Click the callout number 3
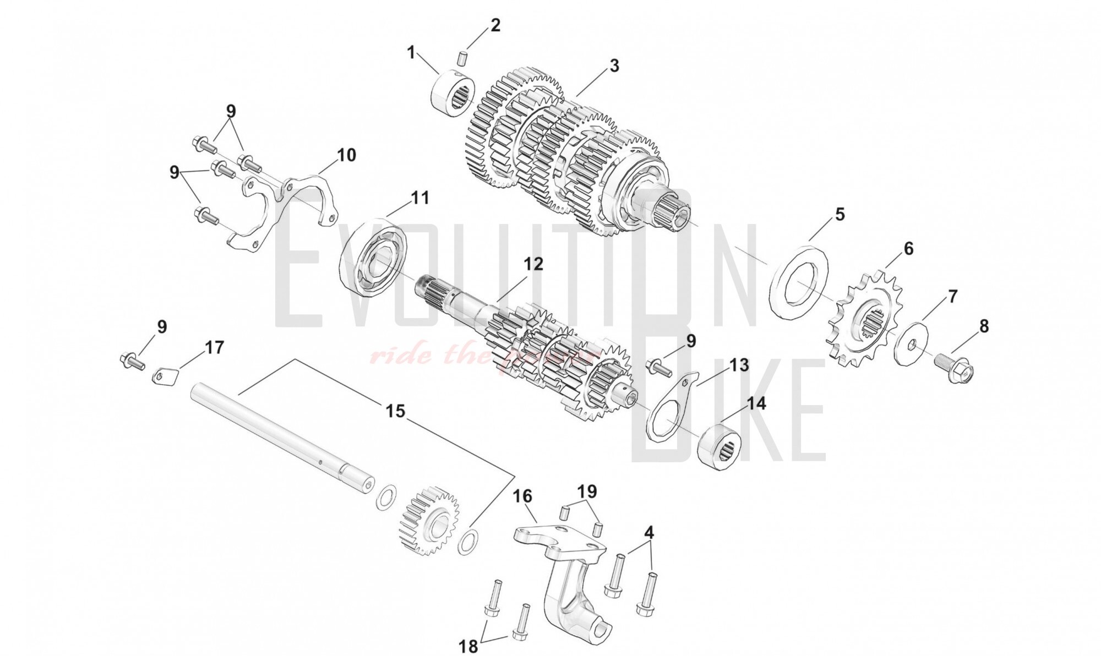614,65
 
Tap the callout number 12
533,264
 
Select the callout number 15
395,411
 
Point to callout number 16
522,496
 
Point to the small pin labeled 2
463,57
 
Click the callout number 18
468,646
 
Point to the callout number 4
649,533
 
